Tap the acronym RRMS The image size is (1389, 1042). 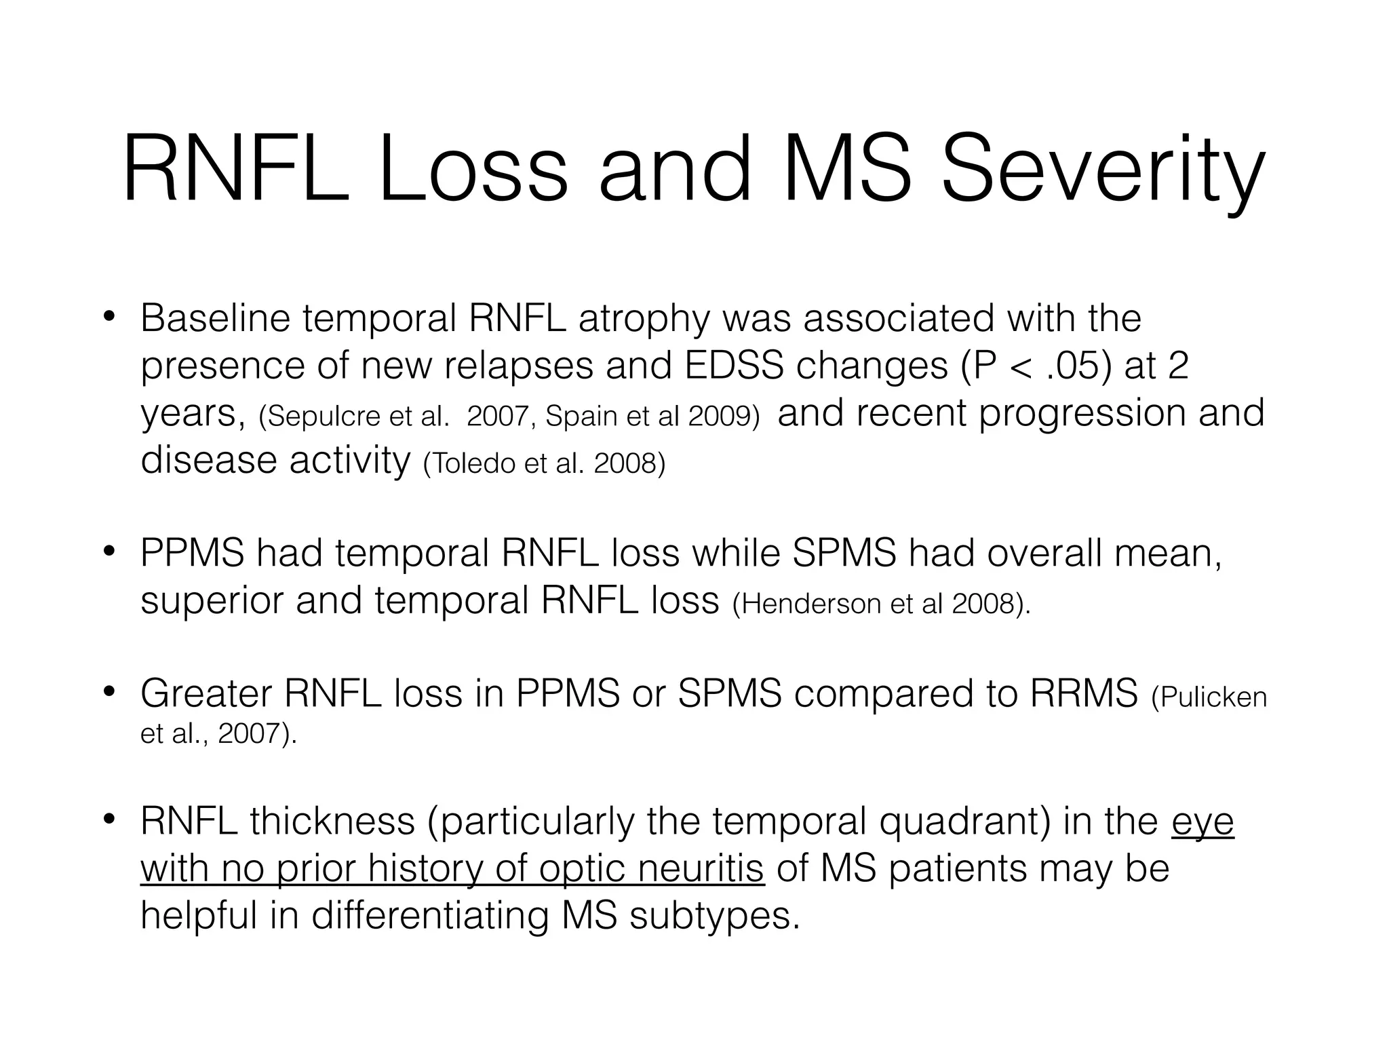point(1083,693)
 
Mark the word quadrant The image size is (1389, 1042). point(964,822)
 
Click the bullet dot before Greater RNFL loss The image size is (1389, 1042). point(108,693)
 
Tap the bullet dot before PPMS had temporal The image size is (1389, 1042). point(108,552)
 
